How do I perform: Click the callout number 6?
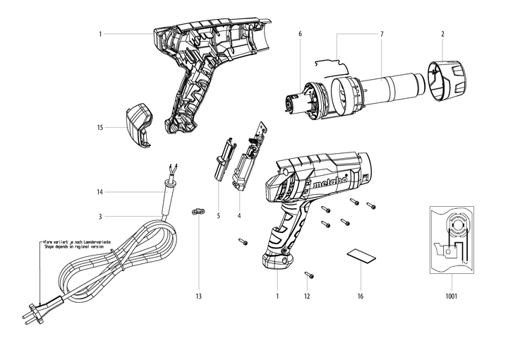click(300, 34)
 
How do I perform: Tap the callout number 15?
click(101, 128)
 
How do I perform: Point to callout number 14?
click(100, 192)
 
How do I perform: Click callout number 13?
click(199, 296)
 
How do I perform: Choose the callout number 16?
click(361, 296)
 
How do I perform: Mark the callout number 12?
click(307, 296)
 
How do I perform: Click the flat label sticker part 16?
click(361, 254)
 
